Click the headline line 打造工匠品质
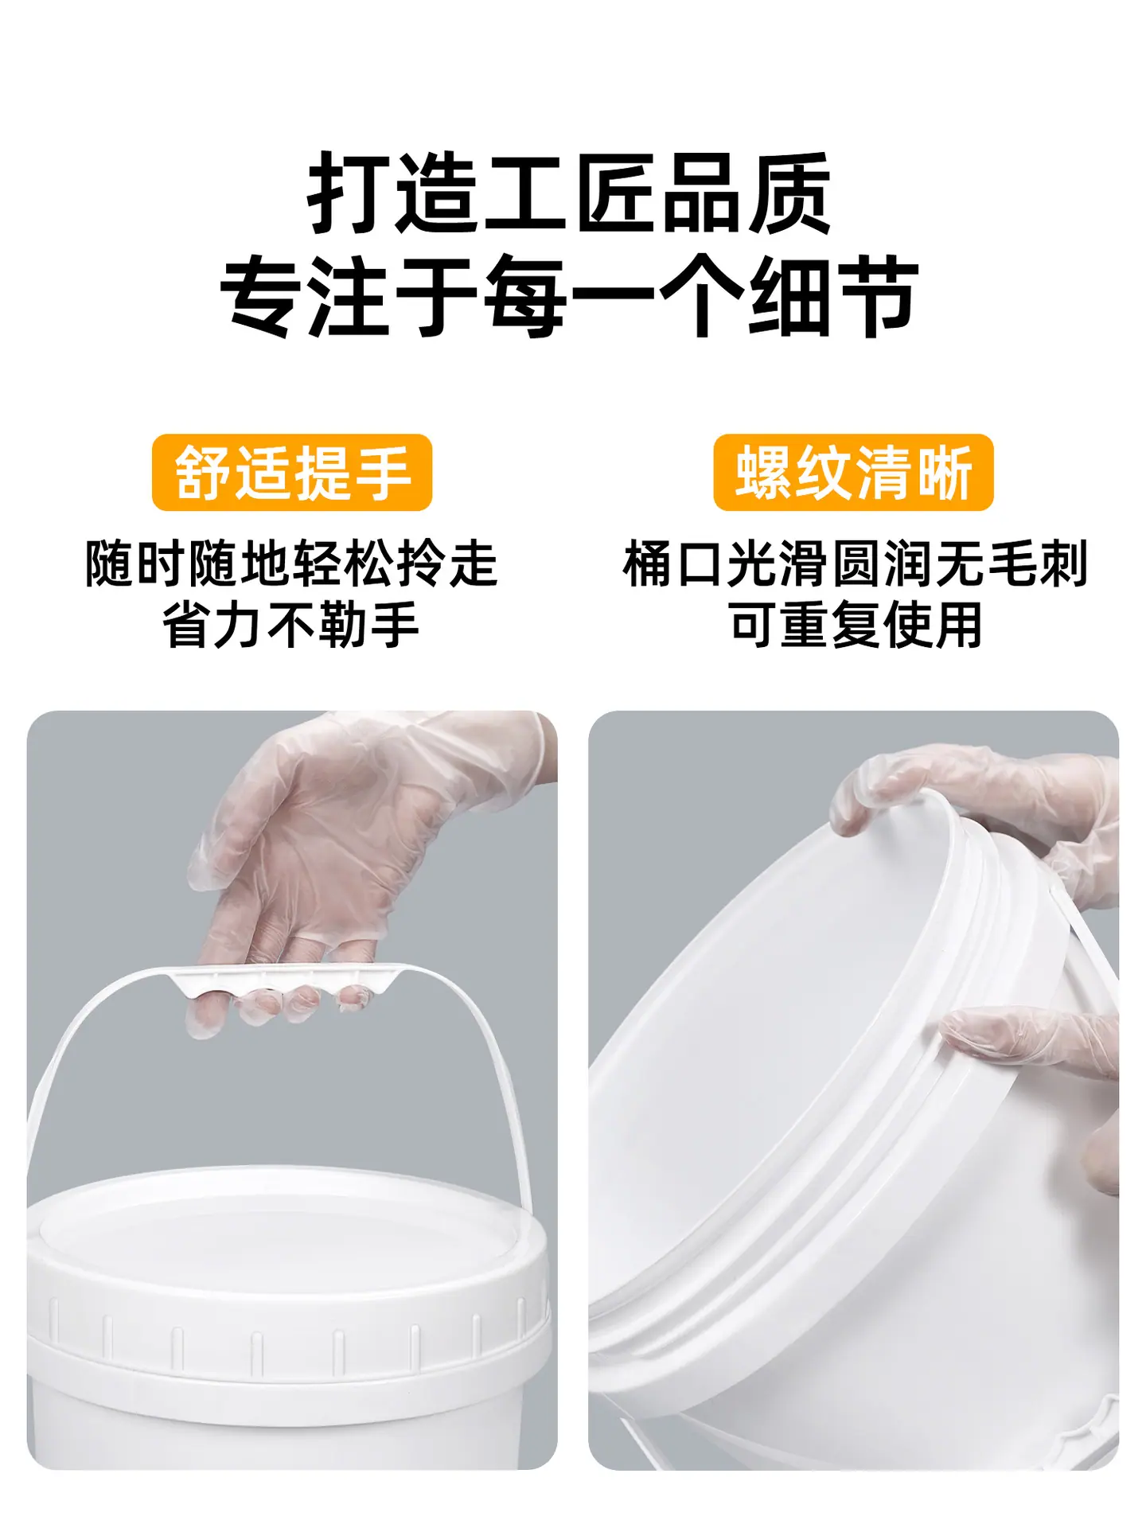coord(570,193)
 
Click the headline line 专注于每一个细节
coord(570,296)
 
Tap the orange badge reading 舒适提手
coord(292,473)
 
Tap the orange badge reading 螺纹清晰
coord(853,473)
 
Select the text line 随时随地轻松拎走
coord(292,563)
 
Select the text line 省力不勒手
coord(292,626)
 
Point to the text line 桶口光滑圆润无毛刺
coord(855,563)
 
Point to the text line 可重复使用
coord(855,626)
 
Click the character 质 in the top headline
coord(790,193)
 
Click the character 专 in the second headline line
coord(263,296)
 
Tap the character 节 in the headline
coord(877,296)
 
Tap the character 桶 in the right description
coord(648,563)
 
